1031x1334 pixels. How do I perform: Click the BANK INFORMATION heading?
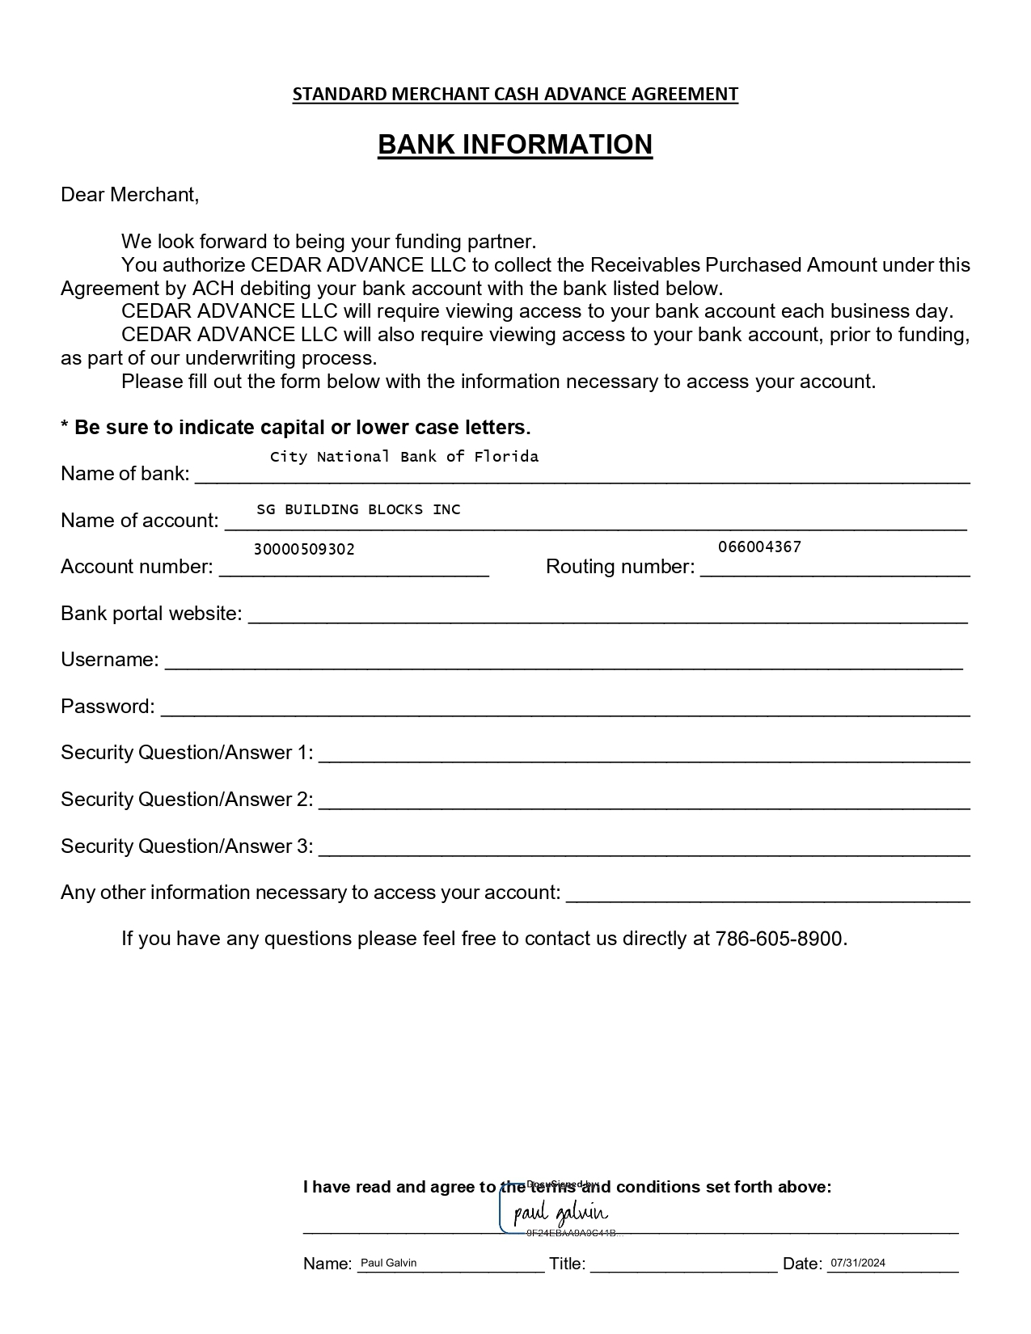point(515,145)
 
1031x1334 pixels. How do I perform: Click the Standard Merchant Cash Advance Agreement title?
point(515,95)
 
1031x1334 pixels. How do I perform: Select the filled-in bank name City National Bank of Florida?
point(404,457)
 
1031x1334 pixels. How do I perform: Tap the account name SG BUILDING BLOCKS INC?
point(358,509)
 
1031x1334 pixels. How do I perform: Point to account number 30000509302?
point(304,550)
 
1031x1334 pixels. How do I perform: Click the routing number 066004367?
point(759,547)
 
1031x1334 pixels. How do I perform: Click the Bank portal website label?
point(151,614)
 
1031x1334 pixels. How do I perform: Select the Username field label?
point(110,660)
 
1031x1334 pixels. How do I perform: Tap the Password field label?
point(108,707)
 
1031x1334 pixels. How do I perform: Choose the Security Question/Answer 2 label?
point(187,800)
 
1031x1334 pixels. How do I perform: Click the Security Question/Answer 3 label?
point(187,846)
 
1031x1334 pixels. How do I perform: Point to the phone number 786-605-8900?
point(780,939)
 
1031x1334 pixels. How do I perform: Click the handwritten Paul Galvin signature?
point(560,1213)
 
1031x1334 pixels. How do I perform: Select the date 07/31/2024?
point(857,1263)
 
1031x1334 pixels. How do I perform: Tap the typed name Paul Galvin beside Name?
point(388,1263)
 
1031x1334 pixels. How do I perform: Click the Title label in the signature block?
point(567,1264)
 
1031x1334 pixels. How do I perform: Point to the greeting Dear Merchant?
point(129,195)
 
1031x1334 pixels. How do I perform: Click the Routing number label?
point(620,567)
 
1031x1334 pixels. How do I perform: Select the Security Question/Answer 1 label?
point(187,753)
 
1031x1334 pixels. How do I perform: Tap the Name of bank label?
point(125,474)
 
